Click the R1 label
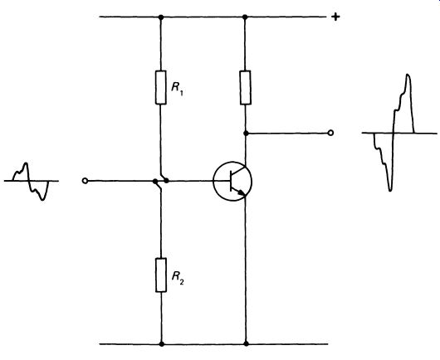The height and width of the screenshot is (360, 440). point(178,89)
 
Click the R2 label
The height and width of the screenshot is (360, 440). point(178,278)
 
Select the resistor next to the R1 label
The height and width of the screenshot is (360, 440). point(161,87)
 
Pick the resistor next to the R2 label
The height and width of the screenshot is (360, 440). point(161,275)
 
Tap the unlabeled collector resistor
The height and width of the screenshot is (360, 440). point(245,87)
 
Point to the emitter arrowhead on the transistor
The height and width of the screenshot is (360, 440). point(242,192)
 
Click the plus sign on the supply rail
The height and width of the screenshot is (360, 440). point(335,17)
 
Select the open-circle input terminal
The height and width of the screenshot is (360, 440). point(85,181)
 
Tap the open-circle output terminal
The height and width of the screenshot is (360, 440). point(331,133)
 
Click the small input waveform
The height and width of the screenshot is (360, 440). point(31,181)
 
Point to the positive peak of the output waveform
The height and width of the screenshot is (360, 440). point(408,75)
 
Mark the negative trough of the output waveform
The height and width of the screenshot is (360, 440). point(390,190)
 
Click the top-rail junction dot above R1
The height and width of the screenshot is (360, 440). point(161,17)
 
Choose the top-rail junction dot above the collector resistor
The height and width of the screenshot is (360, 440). point(245,17)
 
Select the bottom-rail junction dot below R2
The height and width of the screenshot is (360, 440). point(161,343)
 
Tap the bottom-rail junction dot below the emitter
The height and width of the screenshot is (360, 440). point(246,343)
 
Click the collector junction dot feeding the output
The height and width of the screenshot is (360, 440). point(246,134)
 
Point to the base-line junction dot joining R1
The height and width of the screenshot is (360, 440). point(166,181)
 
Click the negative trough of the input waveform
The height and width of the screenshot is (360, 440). point(42,199)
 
